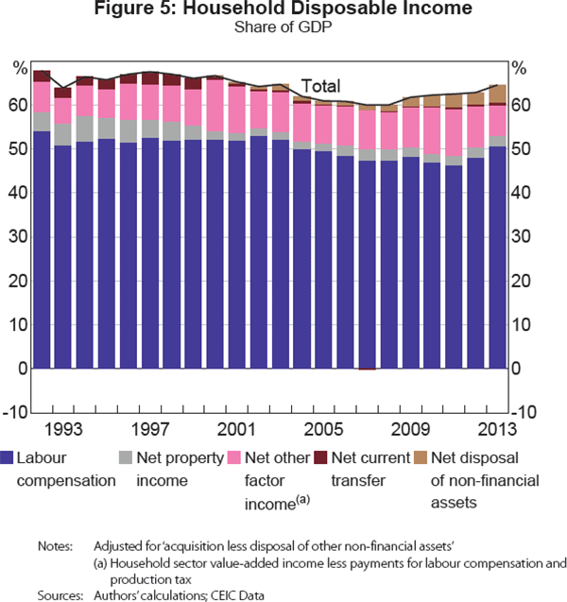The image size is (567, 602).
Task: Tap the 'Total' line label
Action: tap(320, 85)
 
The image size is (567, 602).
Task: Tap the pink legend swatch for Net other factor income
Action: tap(232, 458)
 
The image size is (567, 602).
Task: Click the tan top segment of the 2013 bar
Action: tap(498, 94)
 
